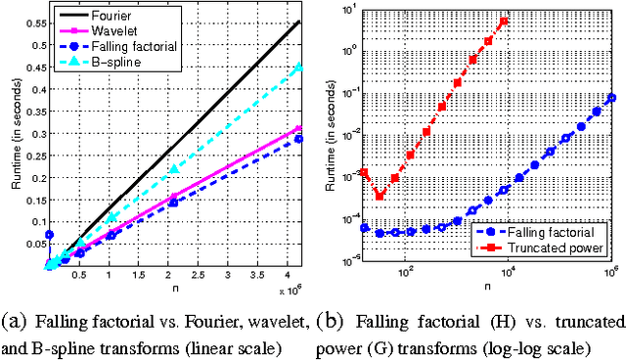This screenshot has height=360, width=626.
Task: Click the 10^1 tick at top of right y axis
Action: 347,9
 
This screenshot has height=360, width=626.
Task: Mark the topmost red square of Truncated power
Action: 504,22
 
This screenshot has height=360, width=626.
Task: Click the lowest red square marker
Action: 380,195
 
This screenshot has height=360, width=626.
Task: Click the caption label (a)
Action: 13,320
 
